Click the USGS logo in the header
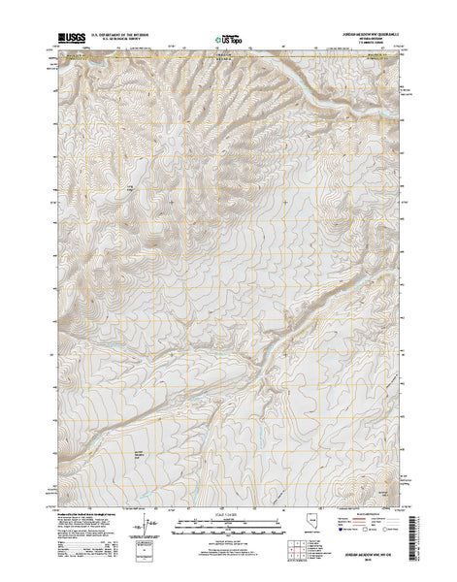tap(75, 38)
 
